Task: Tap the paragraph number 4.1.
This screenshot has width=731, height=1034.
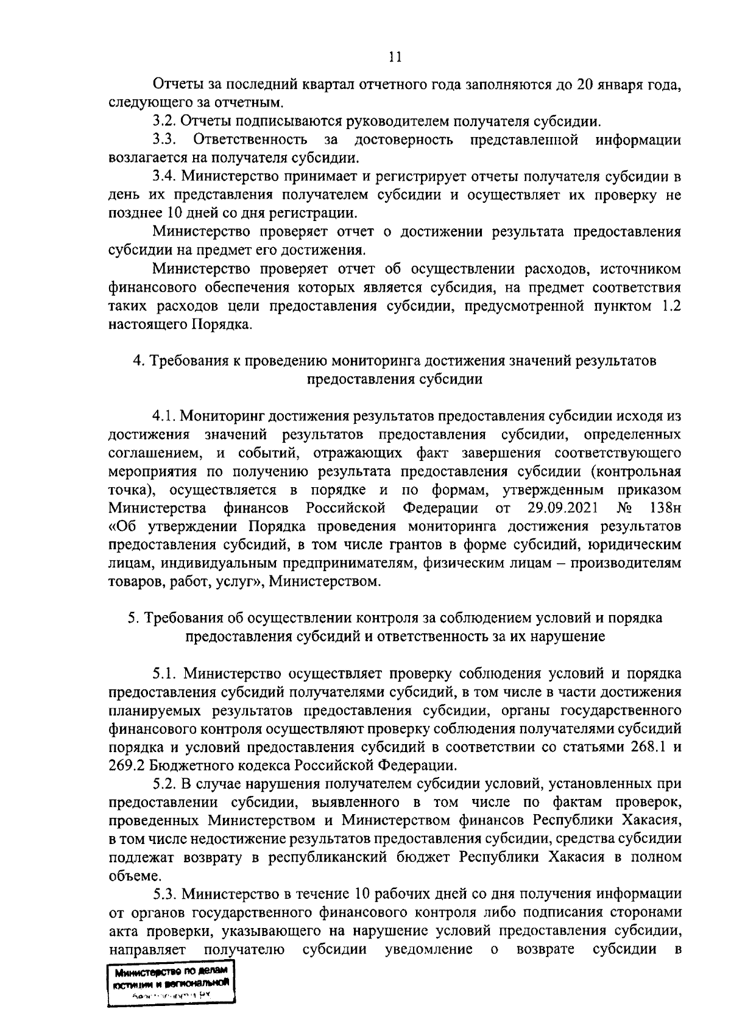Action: [x=163, y=417]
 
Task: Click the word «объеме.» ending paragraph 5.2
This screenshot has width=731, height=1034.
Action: [x=127, y=876]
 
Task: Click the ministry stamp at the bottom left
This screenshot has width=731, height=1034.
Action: [x=170, y=986]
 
